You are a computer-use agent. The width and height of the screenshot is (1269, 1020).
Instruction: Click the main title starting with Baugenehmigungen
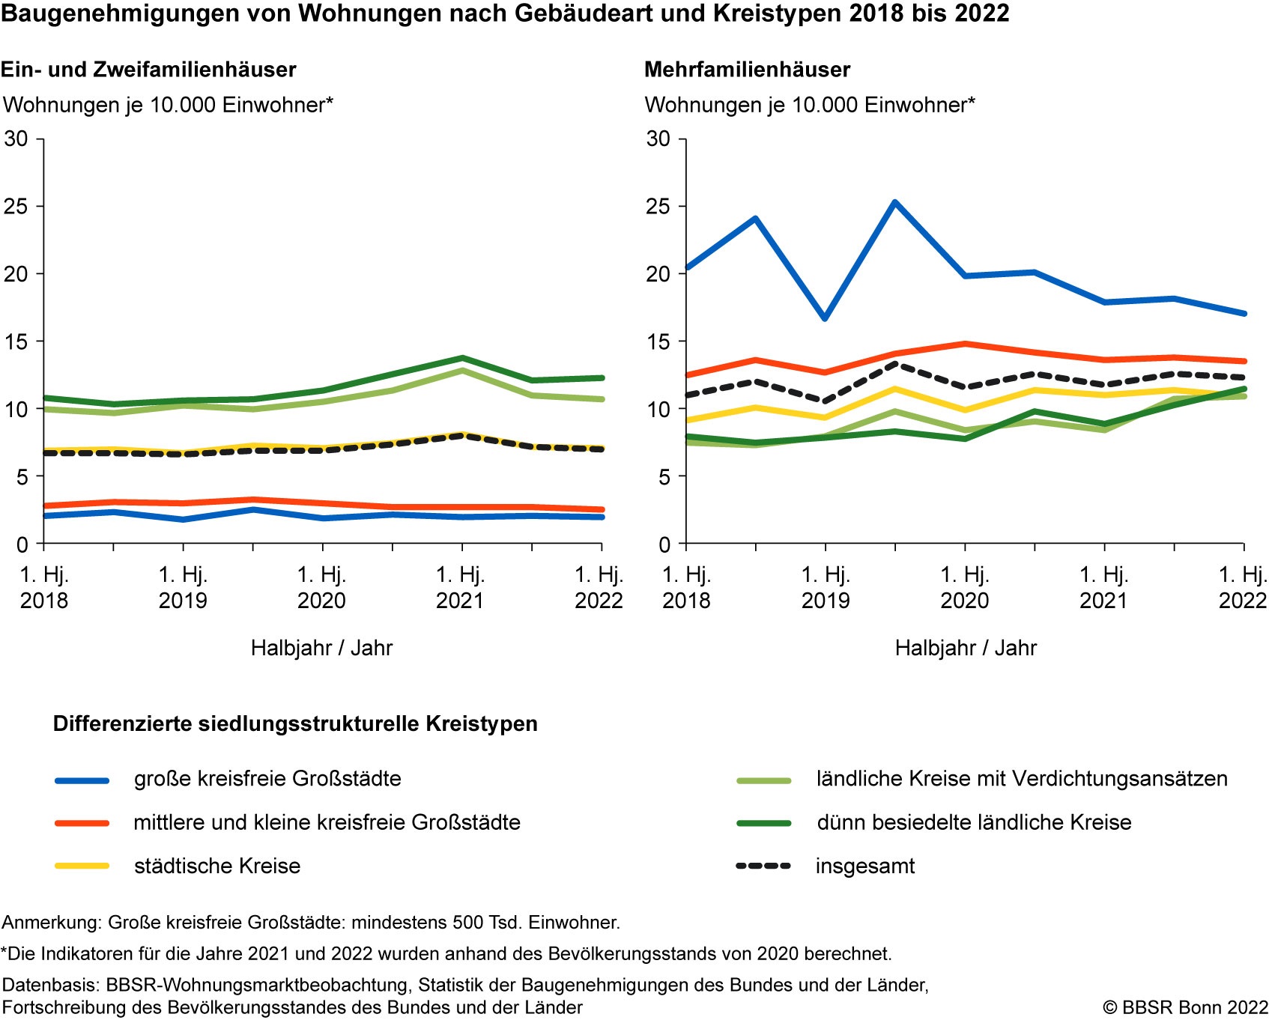click(505, 13)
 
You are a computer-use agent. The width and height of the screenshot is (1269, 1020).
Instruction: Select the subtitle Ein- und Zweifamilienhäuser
click(148, 70)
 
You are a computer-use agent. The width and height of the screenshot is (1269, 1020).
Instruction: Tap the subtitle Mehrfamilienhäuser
click(747, 70)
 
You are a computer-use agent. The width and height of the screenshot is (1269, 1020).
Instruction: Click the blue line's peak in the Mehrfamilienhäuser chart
click(894, 202)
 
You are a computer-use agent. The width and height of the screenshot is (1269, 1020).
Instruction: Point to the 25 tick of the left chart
click(16, 207)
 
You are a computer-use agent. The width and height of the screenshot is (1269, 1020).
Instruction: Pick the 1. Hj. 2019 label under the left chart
click(183, 588)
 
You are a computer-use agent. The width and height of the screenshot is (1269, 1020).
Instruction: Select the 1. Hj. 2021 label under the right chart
click(1103, 588)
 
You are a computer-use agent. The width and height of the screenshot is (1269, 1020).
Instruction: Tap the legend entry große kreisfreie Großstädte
click(267, 779)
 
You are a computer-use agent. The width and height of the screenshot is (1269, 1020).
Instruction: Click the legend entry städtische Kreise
click(217, 866)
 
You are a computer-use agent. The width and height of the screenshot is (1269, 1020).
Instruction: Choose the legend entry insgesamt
click(865, 866)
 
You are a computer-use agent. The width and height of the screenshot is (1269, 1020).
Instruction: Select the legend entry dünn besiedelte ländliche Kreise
click(974, 822)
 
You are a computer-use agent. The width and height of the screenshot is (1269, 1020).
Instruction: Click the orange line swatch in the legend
click(82, 823)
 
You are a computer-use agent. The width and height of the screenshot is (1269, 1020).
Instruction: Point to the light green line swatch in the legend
click(764, 780)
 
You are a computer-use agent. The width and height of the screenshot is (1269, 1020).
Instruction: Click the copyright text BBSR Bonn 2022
click(1185, 1007)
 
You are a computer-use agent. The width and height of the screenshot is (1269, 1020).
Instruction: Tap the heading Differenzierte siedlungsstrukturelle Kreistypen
click(295, 724)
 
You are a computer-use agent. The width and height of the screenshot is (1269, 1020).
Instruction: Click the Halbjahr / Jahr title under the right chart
click(966, 648)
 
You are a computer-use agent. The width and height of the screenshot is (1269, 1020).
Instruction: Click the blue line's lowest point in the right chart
click(825, 318)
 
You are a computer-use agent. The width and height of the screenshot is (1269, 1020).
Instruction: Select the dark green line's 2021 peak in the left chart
click(462, 358)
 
